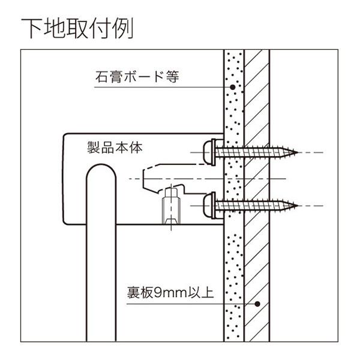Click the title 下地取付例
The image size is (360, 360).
click(77, 28)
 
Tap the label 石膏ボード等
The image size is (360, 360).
click(137, 77)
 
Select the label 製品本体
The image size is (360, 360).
click(115, 148)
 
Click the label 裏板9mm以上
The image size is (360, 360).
click(170, 293)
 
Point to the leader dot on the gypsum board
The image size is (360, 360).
click(233, 87)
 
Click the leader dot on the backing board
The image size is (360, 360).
click(257, 304)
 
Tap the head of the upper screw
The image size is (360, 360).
click(209, 152)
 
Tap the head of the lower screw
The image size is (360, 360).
click(209, 205)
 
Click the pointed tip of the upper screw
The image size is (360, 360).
click(298, 152)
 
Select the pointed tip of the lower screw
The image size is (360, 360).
click(298, 206)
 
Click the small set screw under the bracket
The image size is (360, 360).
click(171, 206)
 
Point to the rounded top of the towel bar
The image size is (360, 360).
click(101, 164)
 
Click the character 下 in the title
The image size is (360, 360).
click(32, 28)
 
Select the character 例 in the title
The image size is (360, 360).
click(123, 28)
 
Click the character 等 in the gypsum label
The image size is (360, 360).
click(173, 77)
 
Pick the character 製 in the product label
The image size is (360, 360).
click(94, 148)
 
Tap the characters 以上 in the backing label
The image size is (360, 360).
click(200, 293)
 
